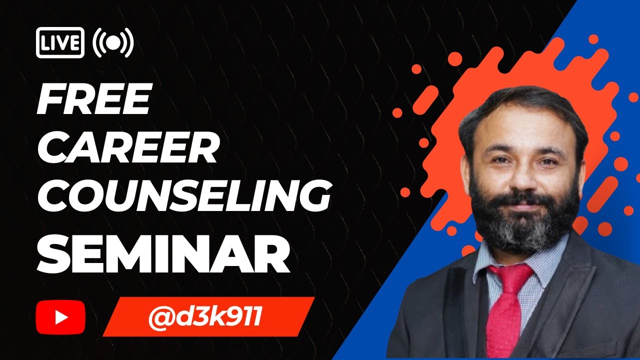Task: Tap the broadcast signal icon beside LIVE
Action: [113, 43]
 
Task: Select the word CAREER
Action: [128, 148]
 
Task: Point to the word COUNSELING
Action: [183, 196]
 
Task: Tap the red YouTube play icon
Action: [60, 316]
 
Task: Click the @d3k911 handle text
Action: [205, 317]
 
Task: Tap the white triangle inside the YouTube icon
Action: [61, 316]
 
